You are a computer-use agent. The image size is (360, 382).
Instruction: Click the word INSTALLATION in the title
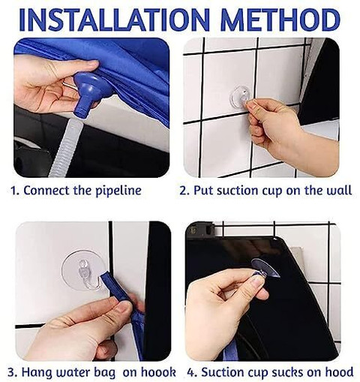tap(114, 20)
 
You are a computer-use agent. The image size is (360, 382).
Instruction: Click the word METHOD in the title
tap(280, 20)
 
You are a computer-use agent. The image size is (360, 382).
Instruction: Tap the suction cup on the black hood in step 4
tap(265, 268)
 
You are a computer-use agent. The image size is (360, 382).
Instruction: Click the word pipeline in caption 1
tap(118, 191)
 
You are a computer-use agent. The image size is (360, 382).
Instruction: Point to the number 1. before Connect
tap(15, 191)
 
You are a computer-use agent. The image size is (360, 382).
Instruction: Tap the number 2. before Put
tap(185, 191)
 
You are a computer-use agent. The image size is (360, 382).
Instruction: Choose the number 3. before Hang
tap(13, 372)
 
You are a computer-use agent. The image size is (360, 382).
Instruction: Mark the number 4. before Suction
tap(193, 372)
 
